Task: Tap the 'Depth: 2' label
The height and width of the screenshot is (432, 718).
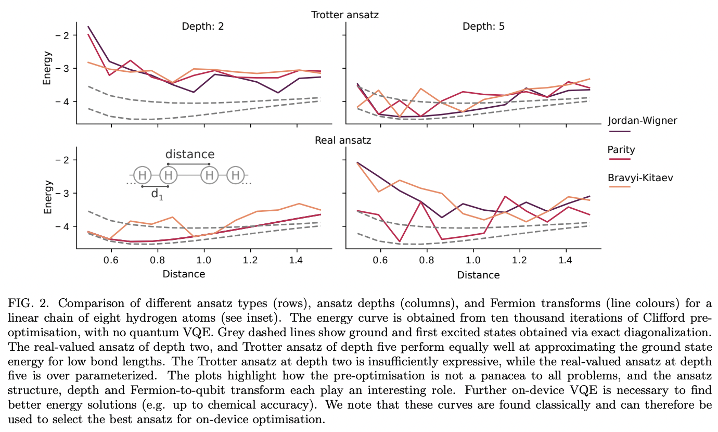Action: pos(203,27)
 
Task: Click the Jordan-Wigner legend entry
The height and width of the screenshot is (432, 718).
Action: pos(642,121)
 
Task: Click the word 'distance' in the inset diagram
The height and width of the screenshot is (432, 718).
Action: pos(189,155)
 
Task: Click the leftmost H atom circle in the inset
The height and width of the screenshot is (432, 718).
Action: pos(142,175)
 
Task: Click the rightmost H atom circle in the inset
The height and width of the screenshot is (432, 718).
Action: pos(236,175)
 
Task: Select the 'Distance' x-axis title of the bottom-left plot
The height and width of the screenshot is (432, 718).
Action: pos(184,274)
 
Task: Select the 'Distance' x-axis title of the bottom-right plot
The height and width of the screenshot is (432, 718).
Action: pos(479,275)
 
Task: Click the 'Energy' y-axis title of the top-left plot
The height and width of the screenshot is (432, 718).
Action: pos(47,68)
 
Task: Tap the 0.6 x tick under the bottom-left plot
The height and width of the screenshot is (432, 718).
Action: pos(110,259)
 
